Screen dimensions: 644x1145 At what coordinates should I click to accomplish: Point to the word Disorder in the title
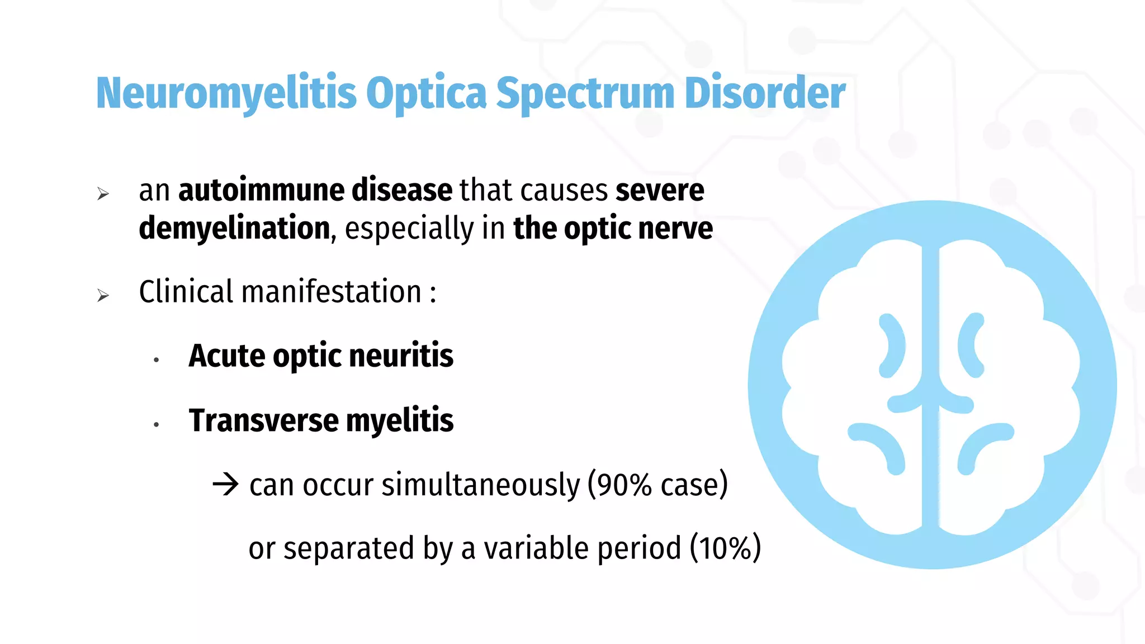coord(764,93)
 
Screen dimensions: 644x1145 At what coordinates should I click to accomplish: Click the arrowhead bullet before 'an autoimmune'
coord(103,194)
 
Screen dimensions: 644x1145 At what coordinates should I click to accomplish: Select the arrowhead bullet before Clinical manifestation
coord(103,295)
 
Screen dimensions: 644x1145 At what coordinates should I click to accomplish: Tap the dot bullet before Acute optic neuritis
coord(157,361)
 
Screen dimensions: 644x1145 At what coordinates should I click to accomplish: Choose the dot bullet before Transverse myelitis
coord(157,425)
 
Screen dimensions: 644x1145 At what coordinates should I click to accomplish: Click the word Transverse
coord(263,420)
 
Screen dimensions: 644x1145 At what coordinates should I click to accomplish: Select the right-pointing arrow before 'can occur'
coord(226,484)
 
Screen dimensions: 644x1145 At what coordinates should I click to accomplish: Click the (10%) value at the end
coord(725,548)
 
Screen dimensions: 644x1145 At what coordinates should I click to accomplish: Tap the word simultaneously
coord(480,485)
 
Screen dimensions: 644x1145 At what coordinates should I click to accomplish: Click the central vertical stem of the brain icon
coord(930,386)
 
